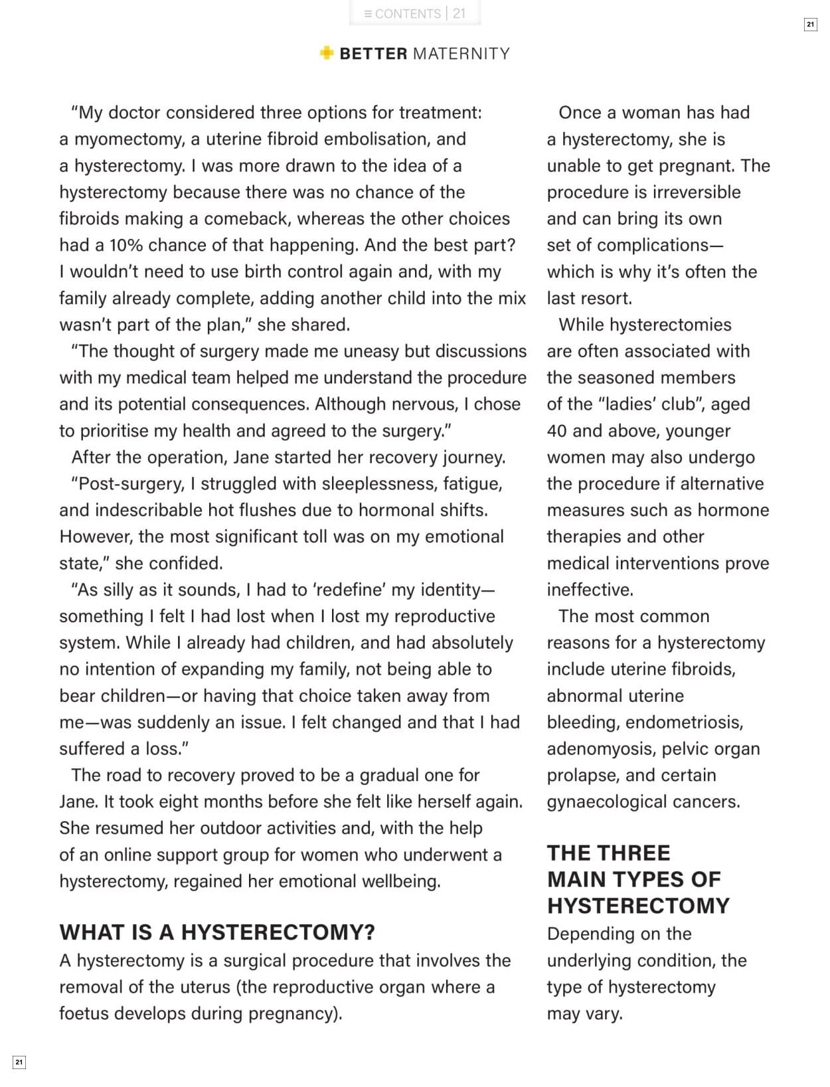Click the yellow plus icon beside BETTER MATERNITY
326,53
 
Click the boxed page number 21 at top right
810,25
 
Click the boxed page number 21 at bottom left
19,1062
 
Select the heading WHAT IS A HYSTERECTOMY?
217,932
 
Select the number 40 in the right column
556,431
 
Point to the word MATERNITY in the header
461,54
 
